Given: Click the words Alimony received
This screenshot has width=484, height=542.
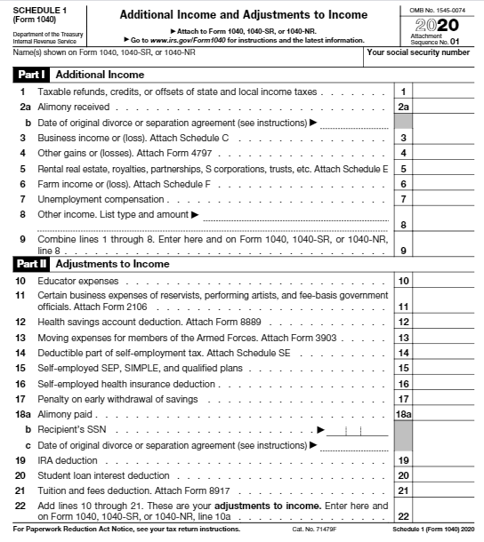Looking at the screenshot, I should [68, 107].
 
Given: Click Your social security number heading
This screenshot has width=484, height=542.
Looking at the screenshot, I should [418, 52].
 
